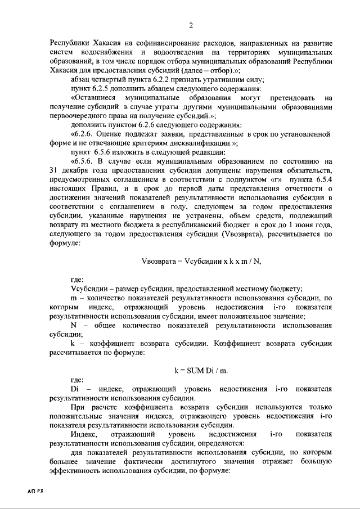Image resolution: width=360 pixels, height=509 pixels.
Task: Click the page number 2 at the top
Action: (191, 25)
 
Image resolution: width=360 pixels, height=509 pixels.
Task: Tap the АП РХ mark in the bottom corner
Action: (34, 490)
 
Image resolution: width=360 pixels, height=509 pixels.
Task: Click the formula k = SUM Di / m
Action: (200, 370)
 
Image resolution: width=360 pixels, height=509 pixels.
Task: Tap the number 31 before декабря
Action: (55, 170)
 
